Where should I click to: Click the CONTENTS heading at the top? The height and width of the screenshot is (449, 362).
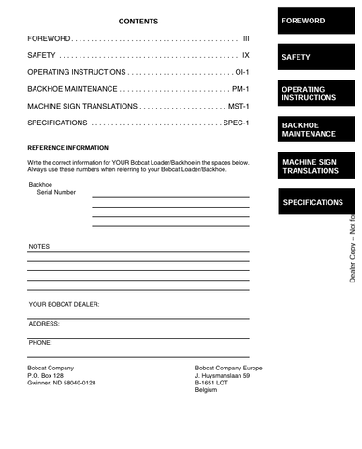coord(138,22)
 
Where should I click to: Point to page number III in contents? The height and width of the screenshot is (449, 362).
coord(245,40)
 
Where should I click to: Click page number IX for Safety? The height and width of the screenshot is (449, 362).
coord(245,57)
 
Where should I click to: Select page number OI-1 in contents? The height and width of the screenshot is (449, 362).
coord(241,73)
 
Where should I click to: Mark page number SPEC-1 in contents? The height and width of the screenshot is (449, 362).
coord(236,123)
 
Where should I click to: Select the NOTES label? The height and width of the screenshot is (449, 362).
coord(38,246)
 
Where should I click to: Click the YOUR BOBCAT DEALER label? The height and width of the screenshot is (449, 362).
coord(64,304)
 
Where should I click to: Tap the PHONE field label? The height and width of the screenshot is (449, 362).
coord(40,342)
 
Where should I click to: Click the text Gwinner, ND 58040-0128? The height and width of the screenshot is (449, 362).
coord(62,384)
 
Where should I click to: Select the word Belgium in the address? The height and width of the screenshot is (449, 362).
coord(206,390)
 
